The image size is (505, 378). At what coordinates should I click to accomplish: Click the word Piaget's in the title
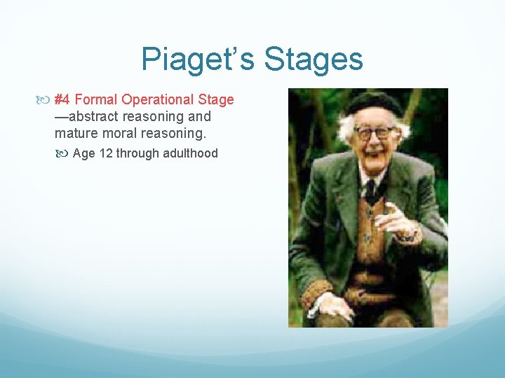pos(198,59)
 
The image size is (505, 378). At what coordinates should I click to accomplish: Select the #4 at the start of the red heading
pos(62,99)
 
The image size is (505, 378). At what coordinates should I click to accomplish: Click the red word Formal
pos(97,99)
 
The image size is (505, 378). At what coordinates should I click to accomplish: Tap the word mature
pos(74,132)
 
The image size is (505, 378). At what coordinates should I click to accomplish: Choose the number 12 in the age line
pos(106,153)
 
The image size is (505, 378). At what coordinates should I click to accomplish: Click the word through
pos(139,153)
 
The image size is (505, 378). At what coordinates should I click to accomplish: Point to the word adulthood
pos(191,153)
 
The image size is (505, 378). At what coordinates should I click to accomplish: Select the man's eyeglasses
pos(373,132)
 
